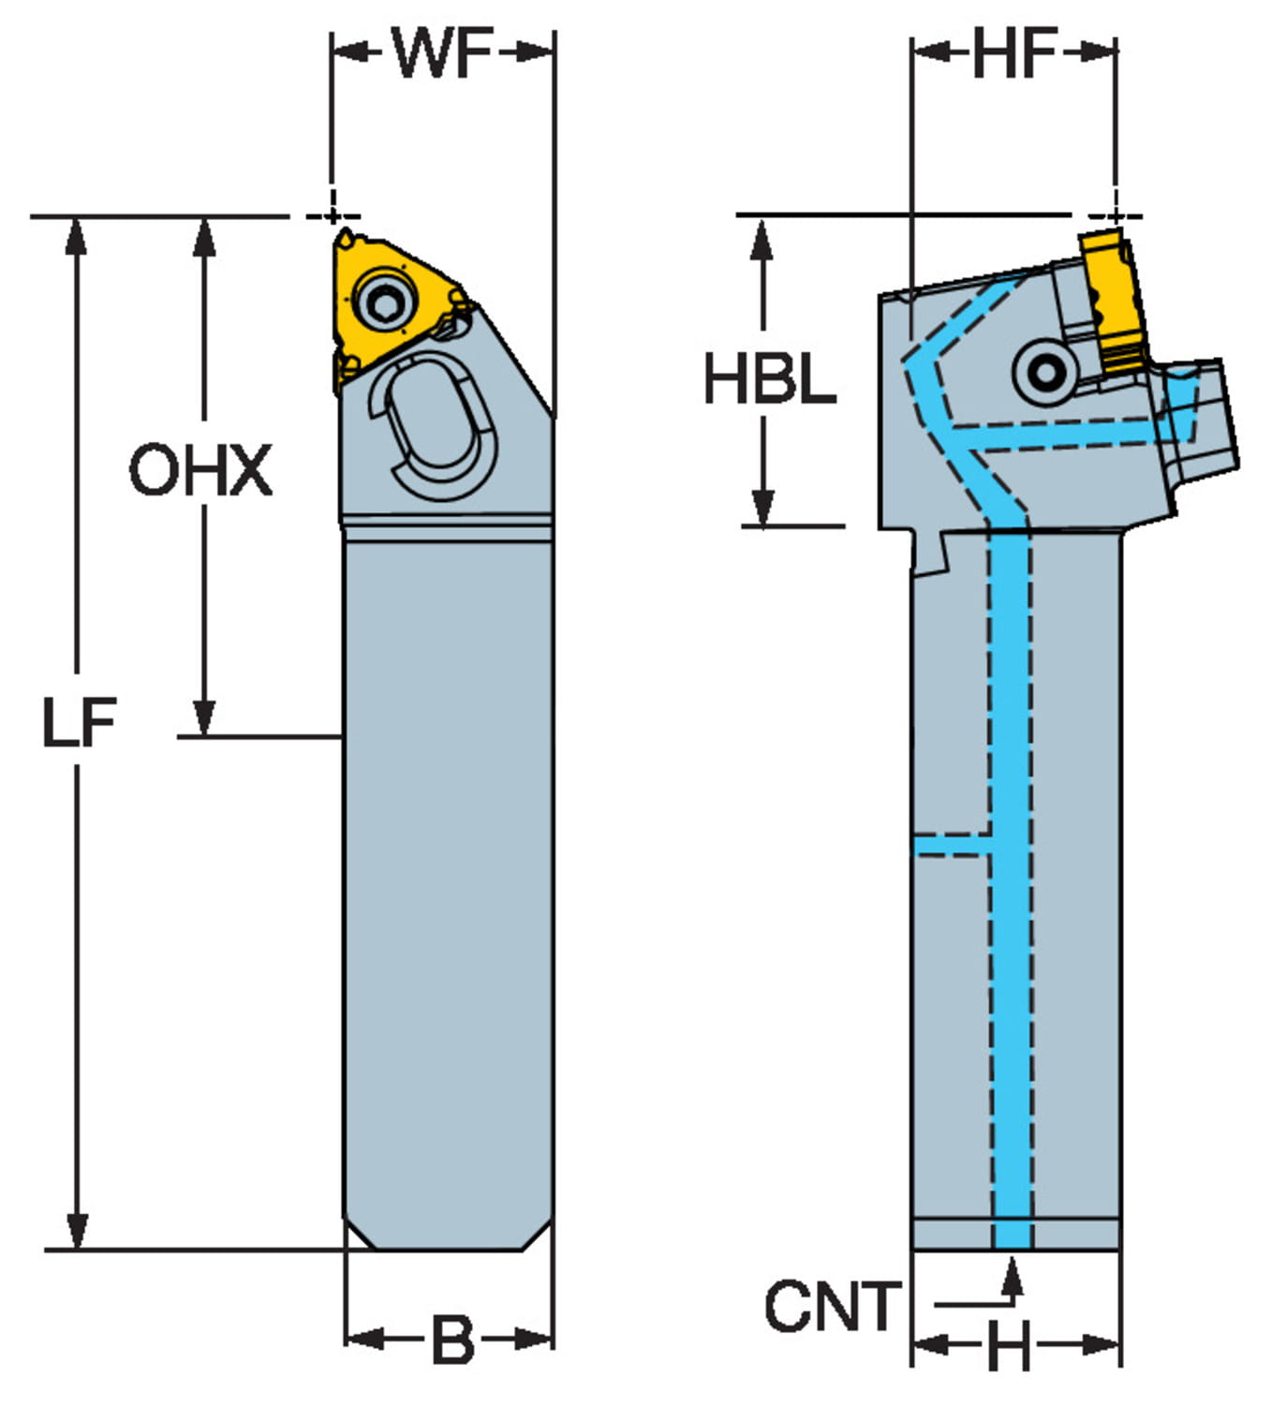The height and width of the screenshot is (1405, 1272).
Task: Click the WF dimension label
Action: (x=442, y=53)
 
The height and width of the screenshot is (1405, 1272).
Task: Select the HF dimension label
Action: (x=1014, y=53)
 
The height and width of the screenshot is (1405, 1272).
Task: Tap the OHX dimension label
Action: (x=200, y=470)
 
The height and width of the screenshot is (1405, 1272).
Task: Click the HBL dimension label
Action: (x=769, y=380)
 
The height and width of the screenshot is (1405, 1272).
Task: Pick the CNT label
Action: (x=832, y=1307)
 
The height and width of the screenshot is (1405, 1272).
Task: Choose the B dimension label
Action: (x=451, y=1340)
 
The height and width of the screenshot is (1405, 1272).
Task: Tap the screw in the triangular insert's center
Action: (x=384, y=302)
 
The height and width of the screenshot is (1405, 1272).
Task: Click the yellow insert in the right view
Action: (x=1112, y=300)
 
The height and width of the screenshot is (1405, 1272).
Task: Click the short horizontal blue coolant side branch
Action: (x=951, y=846)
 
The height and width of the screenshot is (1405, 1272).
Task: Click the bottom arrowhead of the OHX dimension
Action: (x=203, y=717)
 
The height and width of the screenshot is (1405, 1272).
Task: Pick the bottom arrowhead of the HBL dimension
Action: (x=763, y=508)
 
